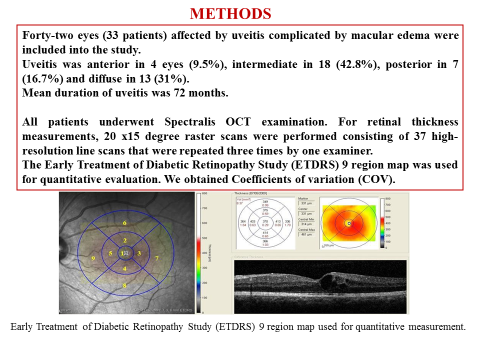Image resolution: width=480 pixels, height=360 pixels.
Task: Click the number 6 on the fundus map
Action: pos(124,221)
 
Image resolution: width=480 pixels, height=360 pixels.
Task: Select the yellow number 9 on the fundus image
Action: pos(92,259)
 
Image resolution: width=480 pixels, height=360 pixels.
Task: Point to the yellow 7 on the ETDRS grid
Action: pos(157,259)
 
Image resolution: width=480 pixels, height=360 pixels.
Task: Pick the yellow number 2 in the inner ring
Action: pos(124,242)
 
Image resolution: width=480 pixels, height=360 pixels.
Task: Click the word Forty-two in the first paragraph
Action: pos(51,34)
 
